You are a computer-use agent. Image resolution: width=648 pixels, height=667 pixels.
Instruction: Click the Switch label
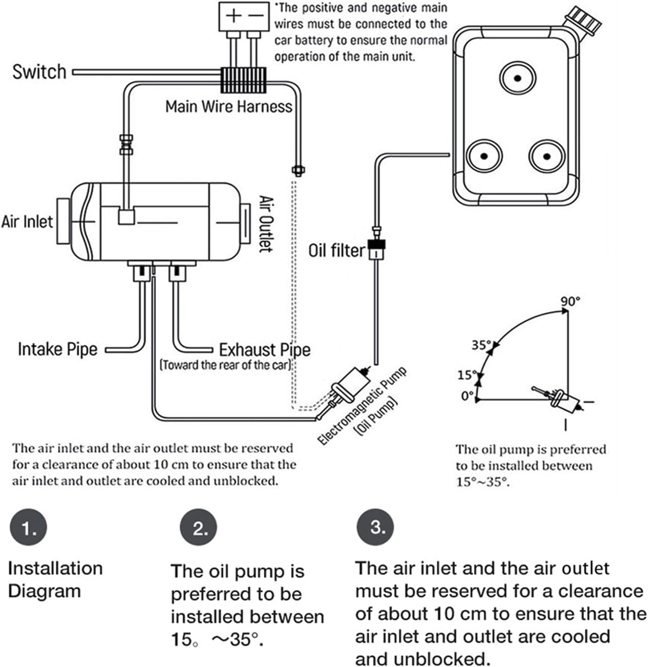[x=39, y=72]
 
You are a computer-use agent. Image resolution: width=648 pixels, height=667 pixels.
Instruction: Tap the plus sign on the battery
[x=233, y=16]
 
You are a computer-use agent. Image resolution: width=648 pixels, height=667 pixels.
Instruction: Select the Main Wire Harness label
[x=228, y=107]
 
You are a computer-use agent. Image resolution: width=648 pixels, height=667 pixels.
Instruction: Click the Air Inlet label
[x=27, y=221]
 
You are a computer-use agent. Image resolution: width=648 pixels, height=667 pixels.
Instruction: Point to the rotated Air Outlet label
[x=266, y=224]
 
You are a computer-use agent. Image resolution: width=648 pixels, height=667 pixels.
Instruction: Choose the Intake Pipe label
[x=57, y=349]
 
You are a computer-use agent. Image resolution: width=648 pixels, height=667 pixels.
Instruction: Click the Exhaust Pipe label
[x=265, y=350]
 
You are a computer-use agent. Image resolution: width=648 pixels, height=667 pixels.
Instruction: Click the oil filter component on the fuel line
[x=377, y=249]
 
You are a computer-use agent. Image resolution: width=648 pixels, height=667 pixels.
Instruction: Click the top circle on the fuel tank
[x=518, y=78]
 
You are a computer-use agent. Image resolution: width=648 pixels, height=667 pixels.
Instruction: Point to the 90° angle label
[x=570, y=301]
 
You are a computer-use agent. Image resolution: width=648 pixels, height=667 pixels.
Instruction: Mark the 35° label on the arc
[x=481, y=345]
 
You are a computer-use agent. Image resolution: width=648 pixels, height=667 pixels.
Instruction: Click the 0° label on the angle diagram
[x=467, y=396]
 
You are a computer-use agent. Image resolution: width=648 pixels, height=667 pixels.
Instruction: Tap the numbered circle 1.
[x=28, y=529]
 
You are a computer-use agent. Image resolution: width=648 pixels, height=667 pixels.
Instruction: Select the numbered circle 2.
[x=199, y=529]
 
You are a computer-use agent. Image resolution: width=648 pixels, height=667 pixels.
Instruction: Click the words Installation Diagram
[x=55, y=580]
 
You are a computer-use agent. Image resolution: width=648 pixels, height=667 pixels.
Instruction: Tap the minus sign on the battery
[x=256, y=16]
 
